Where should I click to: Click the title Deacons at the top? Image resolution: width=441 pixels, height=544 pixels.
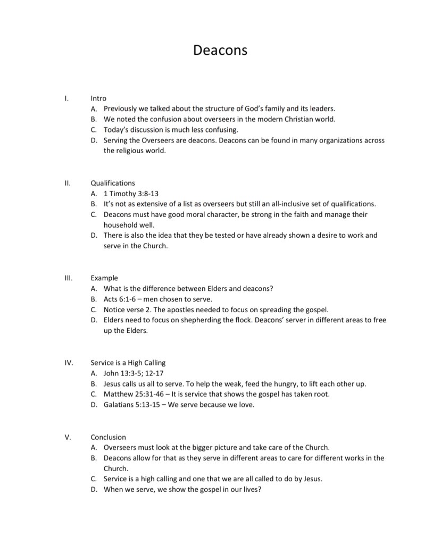coord(220,51)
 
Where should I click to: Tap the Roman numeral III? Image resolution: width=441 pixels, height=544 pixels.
coord(68,278)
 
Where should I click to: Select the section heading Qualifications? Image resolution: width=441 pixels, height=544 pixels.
coord(113,183)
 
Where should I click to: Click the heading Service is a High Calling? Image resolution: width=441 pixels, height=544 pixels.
coord(128,363)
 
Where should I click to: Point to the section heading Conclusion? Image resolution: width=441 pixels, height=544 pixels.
coord(108,437)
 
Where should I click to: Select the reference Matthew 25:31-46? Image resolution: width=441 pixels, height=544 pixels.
coord(131,395)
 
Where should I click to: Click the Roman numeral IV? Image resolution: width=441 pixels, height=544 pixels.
coord(69,363)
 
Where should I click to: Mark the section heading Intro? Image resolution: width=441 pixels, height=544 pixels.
coord(98,98)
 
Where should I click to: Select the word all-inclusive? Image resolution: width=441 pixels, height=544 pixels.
coord(304,204)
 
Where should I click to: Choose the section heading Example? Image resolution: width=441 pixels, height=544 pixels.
coord(104,278)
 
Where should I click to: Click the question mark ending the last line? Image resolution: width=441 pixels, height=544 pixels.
coord(259,489)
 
